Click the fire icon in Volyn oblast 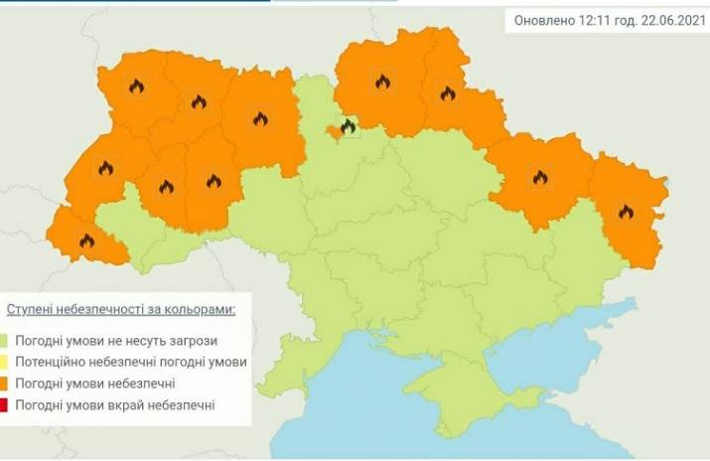(x=136, y=86)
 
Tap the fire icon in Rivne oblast (x=197, y=101)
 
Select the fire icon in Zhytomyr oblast (x=260, y=119)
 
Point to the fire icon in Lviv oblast (x=105, y=168)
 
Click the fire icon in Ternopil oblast (x=166, y=186)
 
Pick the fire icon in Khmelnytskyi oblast (x=213, y=181)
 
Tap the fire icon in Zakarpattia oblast (x=86, y=239)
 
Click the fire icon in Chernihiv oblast (x=383, y=82)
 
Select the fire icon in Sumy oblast (x=447, y=94)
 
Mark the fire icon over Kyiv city (x=348, y=126)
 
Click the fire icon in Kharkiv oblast (x=539, y=177)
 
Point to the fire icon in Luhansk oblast (x=626, y=211)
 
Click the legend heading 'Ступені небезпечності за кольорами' (x=121, y=309)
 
